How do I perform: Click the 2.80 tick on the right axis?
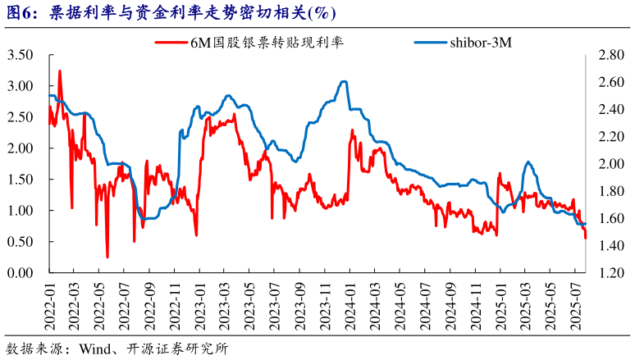[612, 55]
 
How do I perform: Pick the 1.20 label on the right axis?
[612, 273]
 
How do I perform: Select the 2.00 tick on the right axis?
[612, 164]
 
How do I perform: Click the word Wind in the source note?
[96, 348]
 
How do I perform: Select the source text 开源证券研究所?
[177, 348]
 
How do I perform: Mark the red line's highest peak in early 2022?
[60, 71]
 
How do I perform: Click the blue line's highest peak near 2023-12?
[344, 81]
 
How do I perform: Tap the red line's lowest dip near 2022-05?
[107, 257]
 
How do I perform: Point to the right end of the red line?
[586, 238]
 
